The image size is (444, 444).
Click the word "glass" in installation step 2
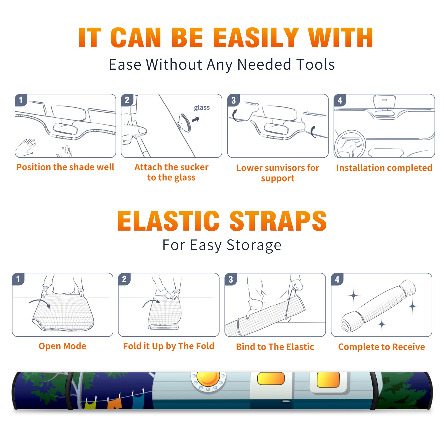(x=202, y=108)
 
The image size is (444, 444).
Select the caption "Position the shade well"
(x=65, y=167)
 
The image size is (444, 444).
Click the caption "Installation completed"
(x=384, y=168)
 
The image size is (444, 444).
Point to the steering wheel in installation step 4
(x=350, y=144)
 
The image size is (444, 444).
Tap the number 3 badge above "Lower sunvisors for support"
(x=233, y=100)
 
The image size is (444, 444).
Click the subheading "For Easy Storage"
(x=222, y=245)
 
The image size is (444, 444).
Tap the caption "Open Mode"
(x=62, y=346)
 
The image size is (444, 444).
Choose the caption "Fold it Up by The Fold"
(x=169, y=346)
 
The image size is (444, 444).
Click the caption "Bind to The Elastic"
(x=275, y=347)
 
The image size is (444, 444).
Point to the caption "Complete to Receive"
(x=382, y=347)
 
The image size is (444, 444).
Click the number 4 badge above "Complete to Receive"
(x=337, y=279)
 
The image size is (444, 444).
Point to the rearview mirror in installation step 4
(x=384, y=103)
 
